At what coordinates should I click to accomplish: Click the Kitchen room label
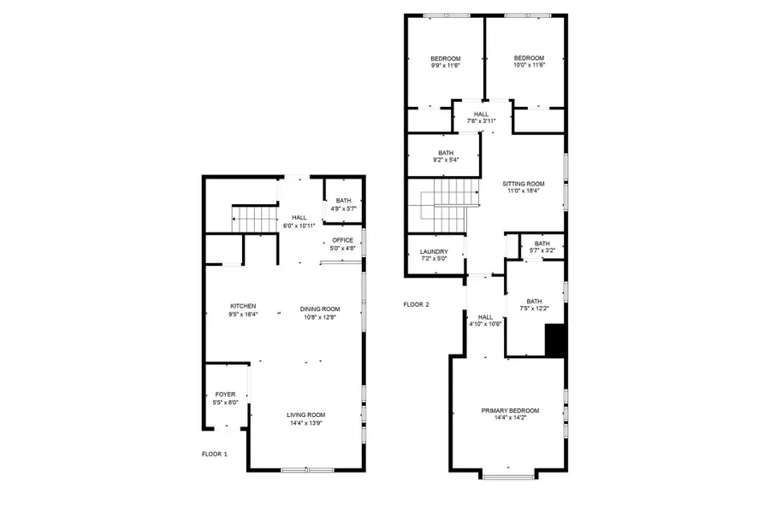[x=242, y=306]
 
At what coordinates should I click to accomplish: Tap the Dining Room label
[x=320, y=308]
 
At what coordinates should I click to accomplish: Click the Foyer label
[x=224, y=395]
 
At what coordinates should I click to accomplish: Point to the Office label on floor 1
[x=342, y=241]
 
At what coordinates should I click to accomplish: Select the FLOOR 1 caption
[x=214, y=454]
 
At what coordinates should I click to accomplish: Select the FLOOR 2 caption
[x=416, y=304]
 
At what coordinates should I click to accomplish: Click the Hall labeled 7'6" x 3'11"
[x=481, y=117]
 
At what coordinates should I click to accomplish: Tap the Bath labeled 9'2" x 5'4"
[x=446, y=156]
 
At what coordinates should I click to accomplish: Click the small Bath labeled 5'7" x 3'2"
[x=542, y=246]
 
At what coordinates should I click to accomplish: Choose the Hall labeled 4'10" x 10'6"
[x=485, y=320]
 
